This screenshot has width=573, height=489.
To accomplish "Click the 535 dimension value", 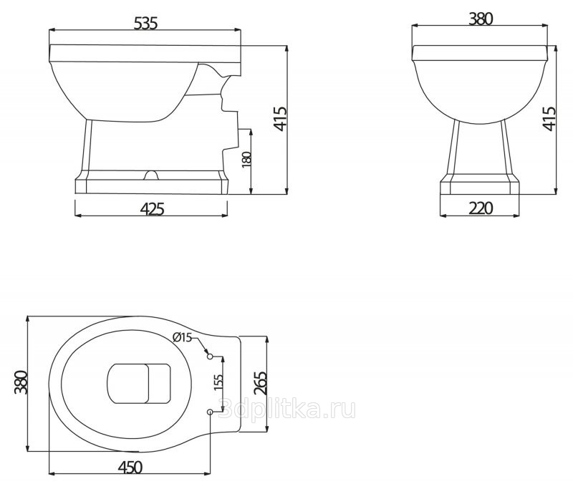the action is tap(145, 24).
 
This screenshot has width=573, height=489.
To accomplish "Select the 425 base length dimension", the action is tap(152, 209).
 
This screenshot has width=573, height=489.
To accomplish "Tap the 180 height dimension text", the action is tap(247, 160).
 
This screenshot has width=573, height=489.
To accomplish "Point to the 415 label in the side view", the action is tap(281, 119).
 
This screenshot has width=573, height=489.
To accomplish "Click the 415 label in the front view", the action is tap(549, 119).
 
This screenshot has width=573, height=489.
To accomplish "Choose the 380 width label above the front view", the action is tap(481, 19).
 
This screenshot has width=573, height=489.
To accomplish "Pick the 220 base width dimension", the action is tap(481, 208).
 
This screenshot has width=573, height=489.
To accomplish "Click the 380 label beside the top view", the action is tap(21, 382).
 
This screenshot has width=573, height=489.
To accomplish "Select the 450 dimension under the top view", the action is tap(130, 467).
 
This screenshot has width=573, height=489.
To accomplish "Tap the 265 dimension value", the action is tap(261, 383).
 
